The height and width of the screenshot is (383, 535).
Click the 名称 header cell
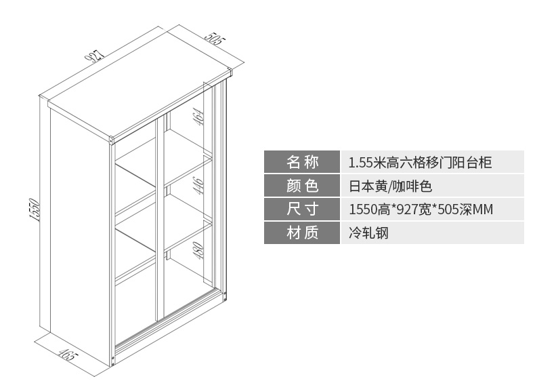(x=302, y=162)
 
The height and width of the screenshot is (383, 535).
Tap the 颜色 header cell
(x=302, y=186)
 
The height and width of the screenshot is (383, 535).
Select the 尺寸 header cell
(x=302, y=209)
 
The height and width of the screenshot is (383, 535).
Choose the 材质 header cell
(x=302, y=233)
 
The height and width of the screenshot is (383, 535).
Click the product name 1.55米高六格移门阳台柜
(x=419, y=163)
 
